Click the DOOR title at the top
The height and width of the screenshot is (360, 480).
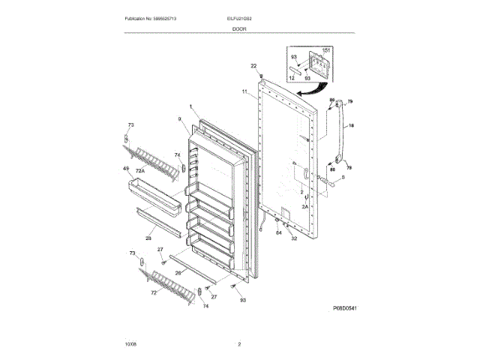pyautogui.click(x=238, y=28)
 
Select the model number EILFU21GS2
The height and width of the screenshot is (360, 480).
pyautogui.click(x=238, y=18)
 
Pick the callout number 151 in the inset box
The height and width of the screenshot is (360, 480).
pyautogui.click(x=325, y=51)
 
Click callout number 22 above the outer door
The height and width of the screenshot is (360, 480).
pyautogui.click(x=253, y=65)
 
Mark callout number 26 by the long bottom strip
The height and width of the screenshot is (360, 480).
pyautogui.click(x=178, y=272)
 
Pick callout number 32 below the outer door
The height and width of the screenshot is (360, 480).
pyautogui.click(x=294, y=238)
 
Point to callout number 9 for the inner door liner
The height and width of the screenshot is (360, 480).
pyautogui.click(x=180, y=119)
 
